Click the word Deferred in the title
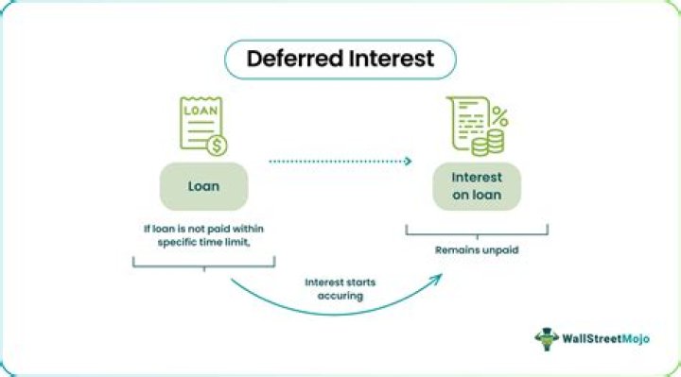295,59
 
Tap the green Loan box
203,186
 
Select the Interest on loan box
477,186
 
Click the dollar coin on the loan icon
217,146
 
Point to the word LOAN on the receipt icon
201,111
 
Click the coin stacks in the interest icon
488,144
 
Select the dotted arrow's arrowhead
408,162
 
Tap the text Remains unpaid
477,249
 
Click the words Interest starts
340,283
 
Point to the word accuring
340,297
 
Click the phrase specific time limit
203,242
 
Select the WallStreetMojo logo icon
547,339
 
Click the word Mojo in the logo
635,339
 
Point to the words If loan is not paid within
203,229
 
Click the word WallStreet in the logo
591,338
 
